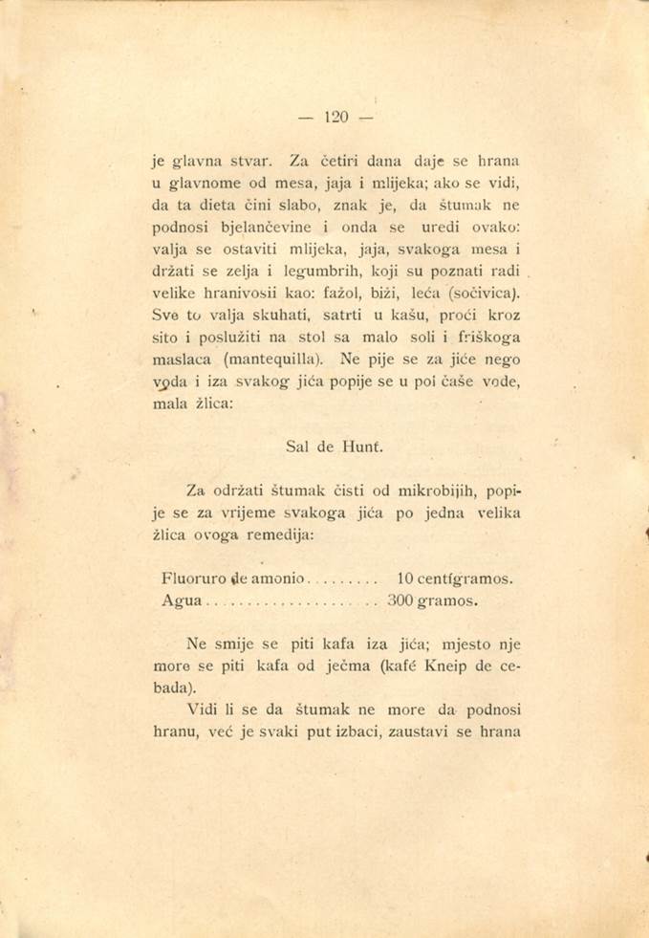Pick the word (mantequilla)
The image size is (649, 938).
coord(278,360)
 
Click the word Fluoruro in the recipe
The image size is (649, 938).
coord(196,579)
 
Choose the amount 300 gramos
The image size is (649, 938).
coord(436,601)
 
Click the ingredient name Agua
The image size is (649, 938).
coord(182,602)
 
